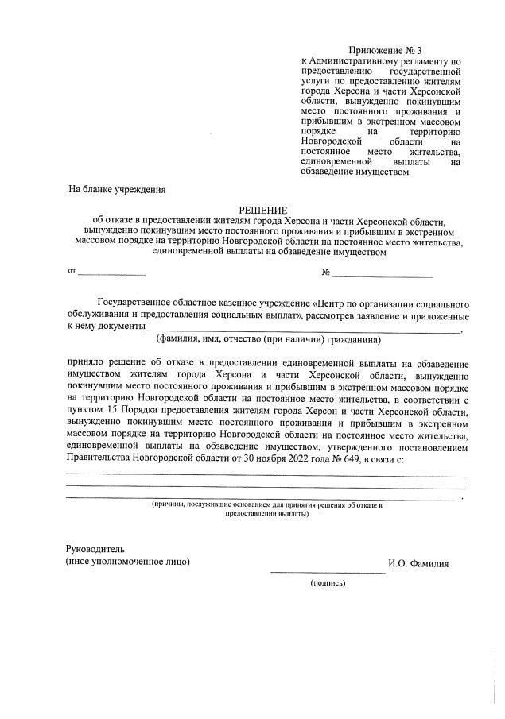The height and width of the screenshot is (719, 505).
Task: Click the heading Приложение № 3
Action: coord(386,50)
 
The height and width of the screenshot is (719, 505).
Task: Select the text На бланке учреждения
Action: coord(117,189)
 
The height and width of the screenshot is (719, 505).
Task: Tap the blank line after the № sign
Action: coord(382,274)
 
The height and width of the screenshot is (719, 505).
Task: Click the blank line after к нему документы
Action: coord(302,327)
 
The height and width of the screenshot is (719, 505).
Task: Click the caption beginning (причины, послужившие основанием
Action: coord(267,504)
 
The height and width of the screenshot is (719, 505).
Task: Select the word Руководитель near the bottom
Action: coord(95,549)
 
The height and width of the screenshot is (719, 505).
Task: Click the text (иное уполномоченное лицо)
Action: coord(128,562)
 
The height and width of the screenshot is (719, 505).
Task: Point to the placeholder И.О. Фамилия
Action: coord(418,564)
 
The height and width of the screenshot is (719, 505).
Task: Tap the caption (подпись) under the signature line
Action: coord(328,582)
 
